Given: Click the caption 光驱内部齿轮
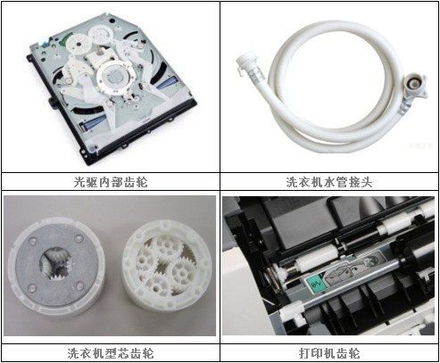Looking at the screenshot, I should (110, 182).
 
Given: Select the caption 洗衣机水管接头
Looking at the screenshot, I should (328, 182).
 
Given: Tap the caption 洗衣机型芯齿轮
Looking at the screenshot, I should (110, 352).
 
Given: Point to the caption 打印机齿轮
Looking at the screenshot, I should (328, 352).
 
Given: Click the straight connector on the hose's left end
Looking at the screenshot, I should (245, 63).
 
